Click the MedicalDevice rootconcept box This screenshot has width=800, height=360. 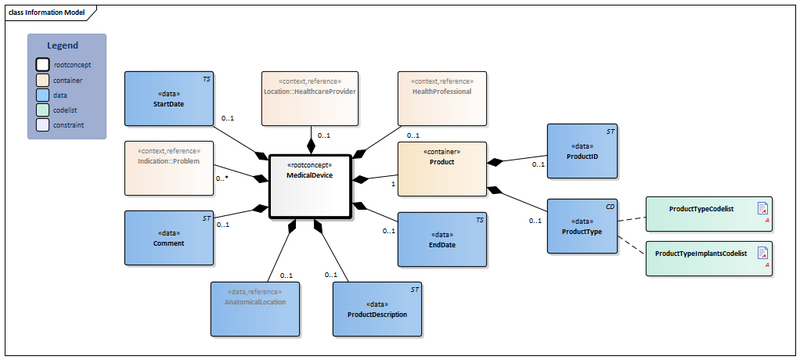pyautogui.click(x=309, y=184)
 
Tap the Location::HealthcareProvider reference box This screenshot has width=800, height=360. pyautogui.click(x=309, y=98)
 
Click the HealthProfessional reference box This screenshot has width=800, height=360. pyautogui.click(x=441, y=98)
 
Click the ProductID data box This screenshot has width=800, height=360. pyautogui.click(x=581, y=150)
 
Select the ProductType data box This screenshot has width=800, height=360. pyautogui.click(x=581, y=226)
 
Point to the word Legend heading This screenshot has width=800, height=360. pyautogui.click(x=66, y=47)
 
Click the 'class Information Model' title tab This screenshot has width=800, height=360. pyautogui.click(x=52, y=11)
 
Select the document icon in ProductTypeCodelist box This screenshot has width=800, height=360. pyautogui.click(x=763, y=209)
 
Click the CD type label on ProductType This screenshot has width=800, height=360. pyautogui.click(x=608, y=205)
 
